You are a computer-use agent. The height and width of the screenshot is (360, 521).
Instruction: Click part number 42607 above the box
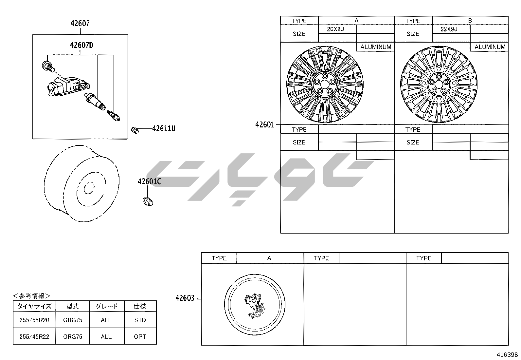tap(80, 24)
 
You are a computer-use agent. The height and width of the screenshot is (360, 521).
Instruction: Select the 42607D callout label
tap(81, 45)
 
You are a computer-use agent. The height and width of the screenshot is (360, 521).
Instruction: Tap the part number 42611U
tap(164, 128)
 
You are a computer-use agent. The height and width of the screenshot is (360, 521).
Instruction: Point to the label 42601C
tap(149, 181)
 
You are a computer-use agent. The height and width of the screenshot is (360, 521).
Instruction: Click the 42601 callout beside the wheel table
tap(265, 124)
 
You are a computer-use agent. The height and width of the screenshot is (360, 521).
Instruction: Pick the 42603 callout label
tap(185, 298)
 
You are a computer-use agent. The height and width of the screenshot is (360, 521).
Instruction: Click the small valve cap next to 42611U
tap(135, 130)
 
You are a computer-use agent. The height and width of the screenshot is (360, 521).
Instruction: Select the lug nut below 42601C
tap(148, 201)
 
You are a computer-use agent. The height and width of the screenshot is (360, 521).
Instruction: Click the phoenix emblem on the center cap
tap(255, 306)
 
